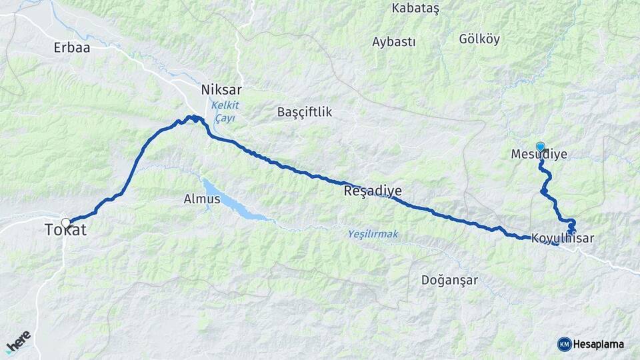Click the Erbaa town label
(x=71, y=47)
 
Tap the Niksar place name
(x=221, y=89)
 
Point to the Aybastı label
(x=393, y=42)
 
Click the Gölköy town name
(x=479, y=39)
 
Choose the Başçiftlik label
(x=305, y=112)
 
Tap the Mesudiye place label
(x=539, y=155)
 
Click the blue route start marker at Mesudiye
(x=540, y=146)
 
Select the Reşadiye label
(x=373, y=191)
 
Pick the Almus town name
(x=201, y=199)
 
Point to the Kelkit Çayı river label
(x=225, y=111)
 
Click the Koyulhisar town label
(x=563, y=238)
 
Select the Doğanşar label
(x=449, y=280)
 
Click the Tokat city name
(x=65, y=231)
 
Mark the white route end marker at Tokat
(x=65, y=223)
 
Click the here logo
(x=18, y=342)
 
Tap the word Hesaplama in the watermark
(x=598, y=344)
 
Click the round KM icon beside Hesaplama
(x=564, y=344)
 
